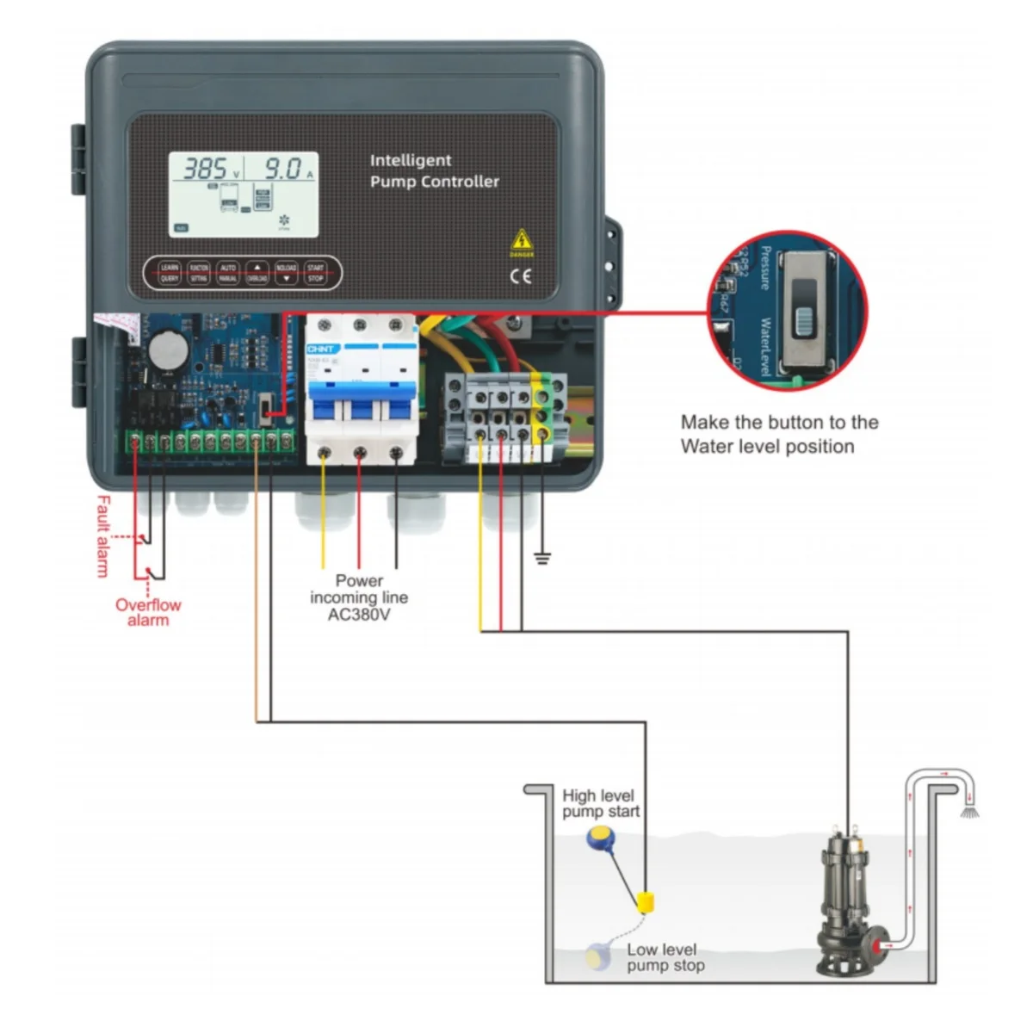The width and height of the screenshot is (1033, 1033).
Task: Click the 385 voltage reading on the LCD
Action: coord(205,169)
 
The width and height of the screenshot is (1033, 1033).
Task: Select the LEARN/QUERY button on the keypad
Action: coord(170,273)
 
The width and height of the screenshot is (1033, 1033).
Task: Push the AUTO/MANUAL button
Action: coord(227,273)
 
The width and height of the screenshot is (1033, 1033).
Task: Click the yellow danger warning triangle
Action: coord(522,241)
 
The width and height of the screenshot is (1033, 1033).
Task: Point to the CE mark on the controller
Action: coord(521,276)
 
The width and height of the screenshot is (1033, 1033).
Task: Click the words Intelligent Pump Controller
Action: coord(434,170)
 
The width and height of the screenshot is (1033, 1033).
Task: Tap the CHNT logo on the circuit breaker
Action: coord(323,349)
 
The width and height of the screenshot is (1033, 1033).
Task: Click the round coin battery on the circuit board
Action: coord(165,349)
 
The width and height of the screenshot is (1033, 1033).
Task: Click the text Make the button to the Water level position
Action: coord(779,434)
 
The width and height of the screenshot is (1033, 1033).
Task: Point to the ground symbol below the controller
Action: coord(541,558)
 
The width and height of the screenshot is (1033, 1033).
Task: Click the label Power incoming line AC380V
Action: coord(359,597)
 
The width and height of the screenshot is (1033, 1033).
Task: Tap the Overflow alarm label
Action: coord(148,612)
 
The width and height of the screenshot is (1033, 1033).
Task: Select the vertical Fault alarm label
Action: coord(103,535)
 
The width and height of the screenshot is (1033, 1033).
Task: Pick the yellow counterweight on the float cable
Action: coord(646,903)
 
